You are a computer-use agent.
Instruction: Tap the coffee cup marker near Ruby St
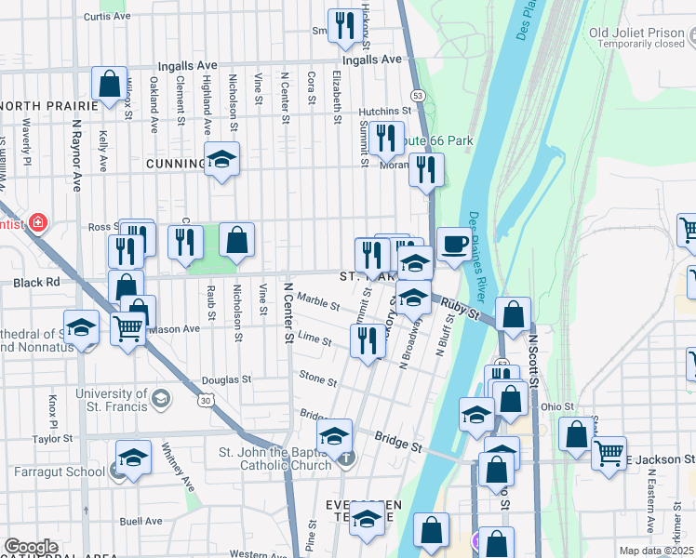[454, 245]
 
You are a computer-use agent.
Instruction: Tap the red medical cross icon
[37, 223]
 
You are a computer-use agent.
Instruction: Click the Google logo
[31, 547]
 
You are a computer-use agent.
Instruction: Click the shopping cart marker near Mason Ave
[127, 326]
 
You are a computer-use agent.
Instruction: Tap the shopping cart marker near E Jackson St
[609, 455]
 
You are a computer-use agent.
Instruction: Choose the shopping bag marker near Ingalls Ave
[109, 83]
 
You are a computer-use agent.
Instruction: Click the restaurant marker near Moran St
[426, 170]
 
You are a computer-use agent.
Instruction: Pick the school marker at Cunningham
[221, 161]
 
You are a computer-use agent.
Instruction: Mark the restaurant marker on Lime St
[368, 339]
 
